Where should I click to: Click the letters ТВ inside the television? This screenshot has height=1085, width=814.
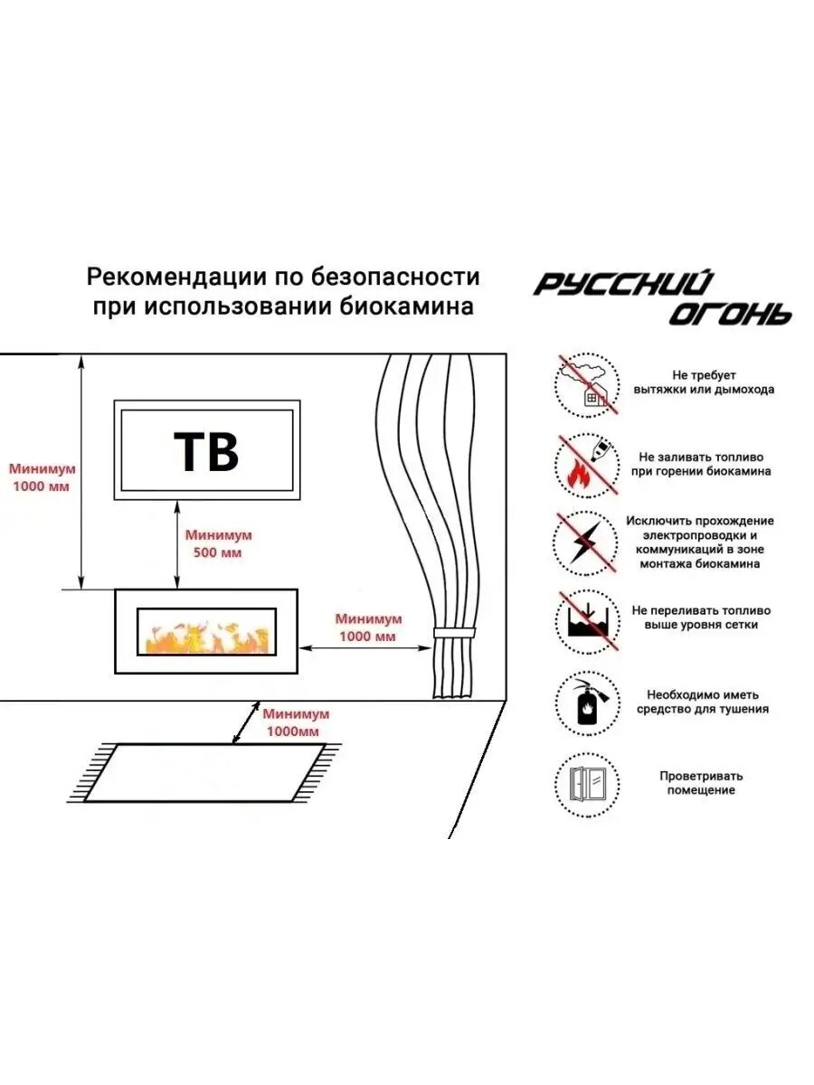(206, 450)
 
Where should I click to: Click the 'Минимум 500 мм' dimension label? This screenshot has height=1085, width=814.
(218, 543)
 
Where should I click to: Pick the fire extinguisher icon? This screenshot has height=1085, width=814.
(586, 703)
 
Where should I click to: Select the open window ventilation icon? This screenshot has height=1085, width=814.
(586, 783)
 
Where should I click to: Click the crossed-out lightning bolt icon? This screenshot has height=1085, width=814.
(586, 543)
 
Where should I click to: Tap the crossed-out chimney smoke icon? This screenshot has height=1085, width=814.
(586, 383)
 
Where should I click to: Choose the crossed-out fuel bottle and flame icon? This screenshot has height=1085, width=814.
(586, 464)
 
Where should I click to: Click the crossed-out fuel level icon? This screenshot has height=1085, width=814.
(586, 623)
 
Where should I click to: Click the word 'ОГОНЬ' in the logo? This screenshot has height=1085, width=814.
(730, 313)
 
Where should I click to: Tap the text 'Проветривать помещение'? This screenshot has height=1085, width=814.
(701, 783)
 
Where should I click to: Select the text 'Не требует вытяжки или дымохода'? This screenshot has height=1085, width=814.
(705, 382)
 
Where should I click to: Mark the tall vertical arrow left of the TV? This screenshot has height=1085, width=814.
(82, 471)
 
